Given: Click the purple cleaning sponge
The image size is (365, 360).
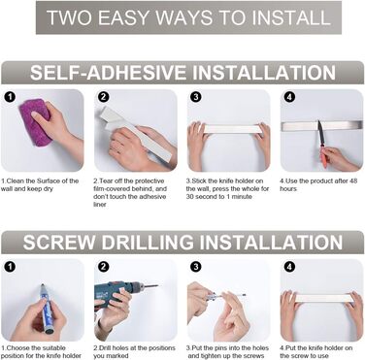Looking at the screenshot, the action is (x=34, y=122).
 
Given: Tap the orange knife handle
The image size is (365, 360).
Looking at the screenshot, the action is (x=323, y=157).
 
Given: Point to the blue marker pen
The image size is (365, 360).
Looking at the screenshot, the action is (x=47, y=309).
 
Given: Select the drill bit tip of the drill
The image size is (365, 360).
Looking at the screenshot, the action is (x=156, y=285).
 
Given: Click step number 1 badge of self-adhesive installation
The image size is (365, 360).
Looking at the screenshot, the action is (x=11, y=97).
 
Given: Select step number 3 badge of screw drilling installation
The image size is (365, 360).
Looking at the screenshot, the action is (x=195, y=267).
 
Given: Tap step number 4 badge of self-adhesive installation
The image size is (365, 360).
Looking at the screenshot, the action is (x=289, y=97).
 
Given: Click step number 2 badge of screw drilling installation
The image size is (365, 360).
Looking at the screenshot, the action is (x=103, y=267).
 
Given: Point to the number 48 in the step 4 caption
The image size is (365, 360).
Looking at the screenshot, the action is (x=353, y=181).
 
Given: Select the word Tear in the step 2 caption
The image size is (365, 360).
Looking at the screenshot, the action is (x=105, y=181).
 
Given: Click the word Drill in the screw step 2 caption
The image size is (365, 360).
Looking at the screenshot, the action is (x=105, y=348).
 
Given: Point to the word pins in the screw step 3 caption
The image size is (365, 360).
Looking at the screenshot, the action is (x=220, y=348).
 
